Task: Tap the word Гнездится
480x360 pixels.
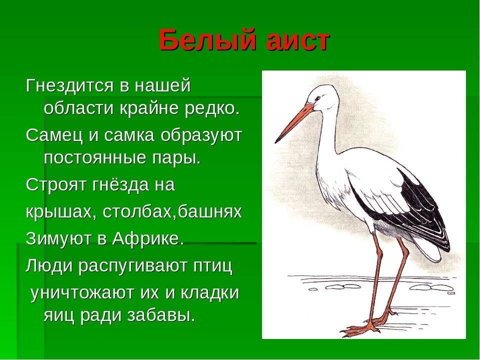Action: click(x=69, y=85)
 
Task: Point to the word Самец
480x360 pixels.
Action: click(x=54, y=135)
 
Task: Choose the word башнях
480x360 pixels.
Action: click(x=210, y=212)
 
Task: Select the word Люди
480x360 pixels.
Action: click(x=49, y=265)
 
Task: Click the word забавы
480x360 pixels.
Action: click(x=160, y=315)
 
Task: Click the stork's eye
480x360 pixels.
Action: click(x=318, y=98)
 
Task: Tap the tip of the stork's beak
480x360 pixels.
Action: click(x=276, y=142)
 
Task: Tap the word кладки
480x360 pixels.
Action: click(x=209, y=292)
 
